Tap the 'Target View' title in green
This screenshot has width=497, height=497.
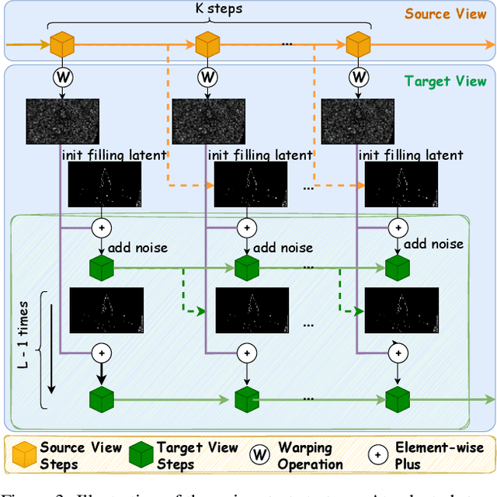click(x=445, y=82)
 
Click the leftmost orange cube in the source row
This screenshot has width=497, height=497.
click(x=62, y=44)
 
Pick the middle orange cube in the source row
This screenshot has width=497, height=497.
click(x=208, y=44)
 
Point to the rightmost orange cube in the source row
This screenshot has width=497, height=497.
click(x=358, y=44)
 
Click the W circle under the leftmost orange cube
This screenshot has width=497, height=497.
click(x=62, y=78)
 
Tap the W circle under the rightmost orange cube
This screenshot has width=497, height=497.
click(x=358, y=78)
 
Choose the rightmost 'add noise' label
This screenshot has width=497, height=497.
click(x=433, y=245)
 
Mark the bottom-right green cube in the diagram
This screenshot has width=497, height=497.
click(x=397, y=400)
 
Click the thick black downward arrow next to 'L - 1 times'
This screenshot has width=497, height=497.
click(x=52, y=349)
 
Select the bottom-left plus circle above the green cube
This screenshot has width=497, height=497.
click(x=101, y=353)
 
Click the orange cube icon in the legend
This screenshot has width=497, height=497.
click(x=23, y=455)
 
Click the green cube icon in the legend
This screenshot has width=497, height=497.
click(x=140, y=455)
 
